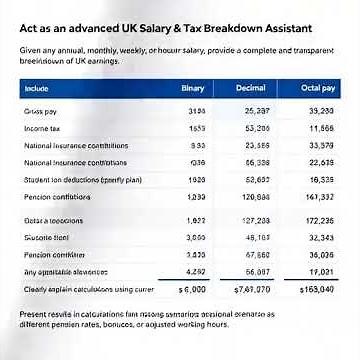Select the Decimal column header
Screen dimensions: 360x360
click(250, 89)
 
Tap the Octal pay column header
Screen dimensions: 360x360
click(318, 89)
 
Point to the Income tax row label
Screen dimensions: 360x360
click(43, 129)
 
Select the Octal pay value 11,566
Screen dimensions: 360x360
click(321, 129)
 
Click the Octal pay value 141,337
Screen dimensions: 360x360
click(321, 198)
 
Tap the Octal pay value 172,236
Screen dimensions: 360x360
click(321, 221)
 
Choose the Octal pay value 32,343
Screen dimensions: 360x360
click(321, 238)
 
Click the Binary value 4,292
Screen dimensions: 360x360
click(196, 272)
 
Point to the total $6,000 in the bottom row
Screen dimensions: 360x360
click(191, 290)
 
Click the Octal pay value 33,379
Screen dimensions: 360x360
click(321, 146)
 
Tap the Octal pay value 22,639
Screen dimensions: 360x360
click(321, 163)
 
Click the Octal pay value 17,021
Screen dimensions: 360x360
click(321, 272)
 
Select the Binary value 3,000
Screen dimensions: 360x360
click(196, 238)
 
